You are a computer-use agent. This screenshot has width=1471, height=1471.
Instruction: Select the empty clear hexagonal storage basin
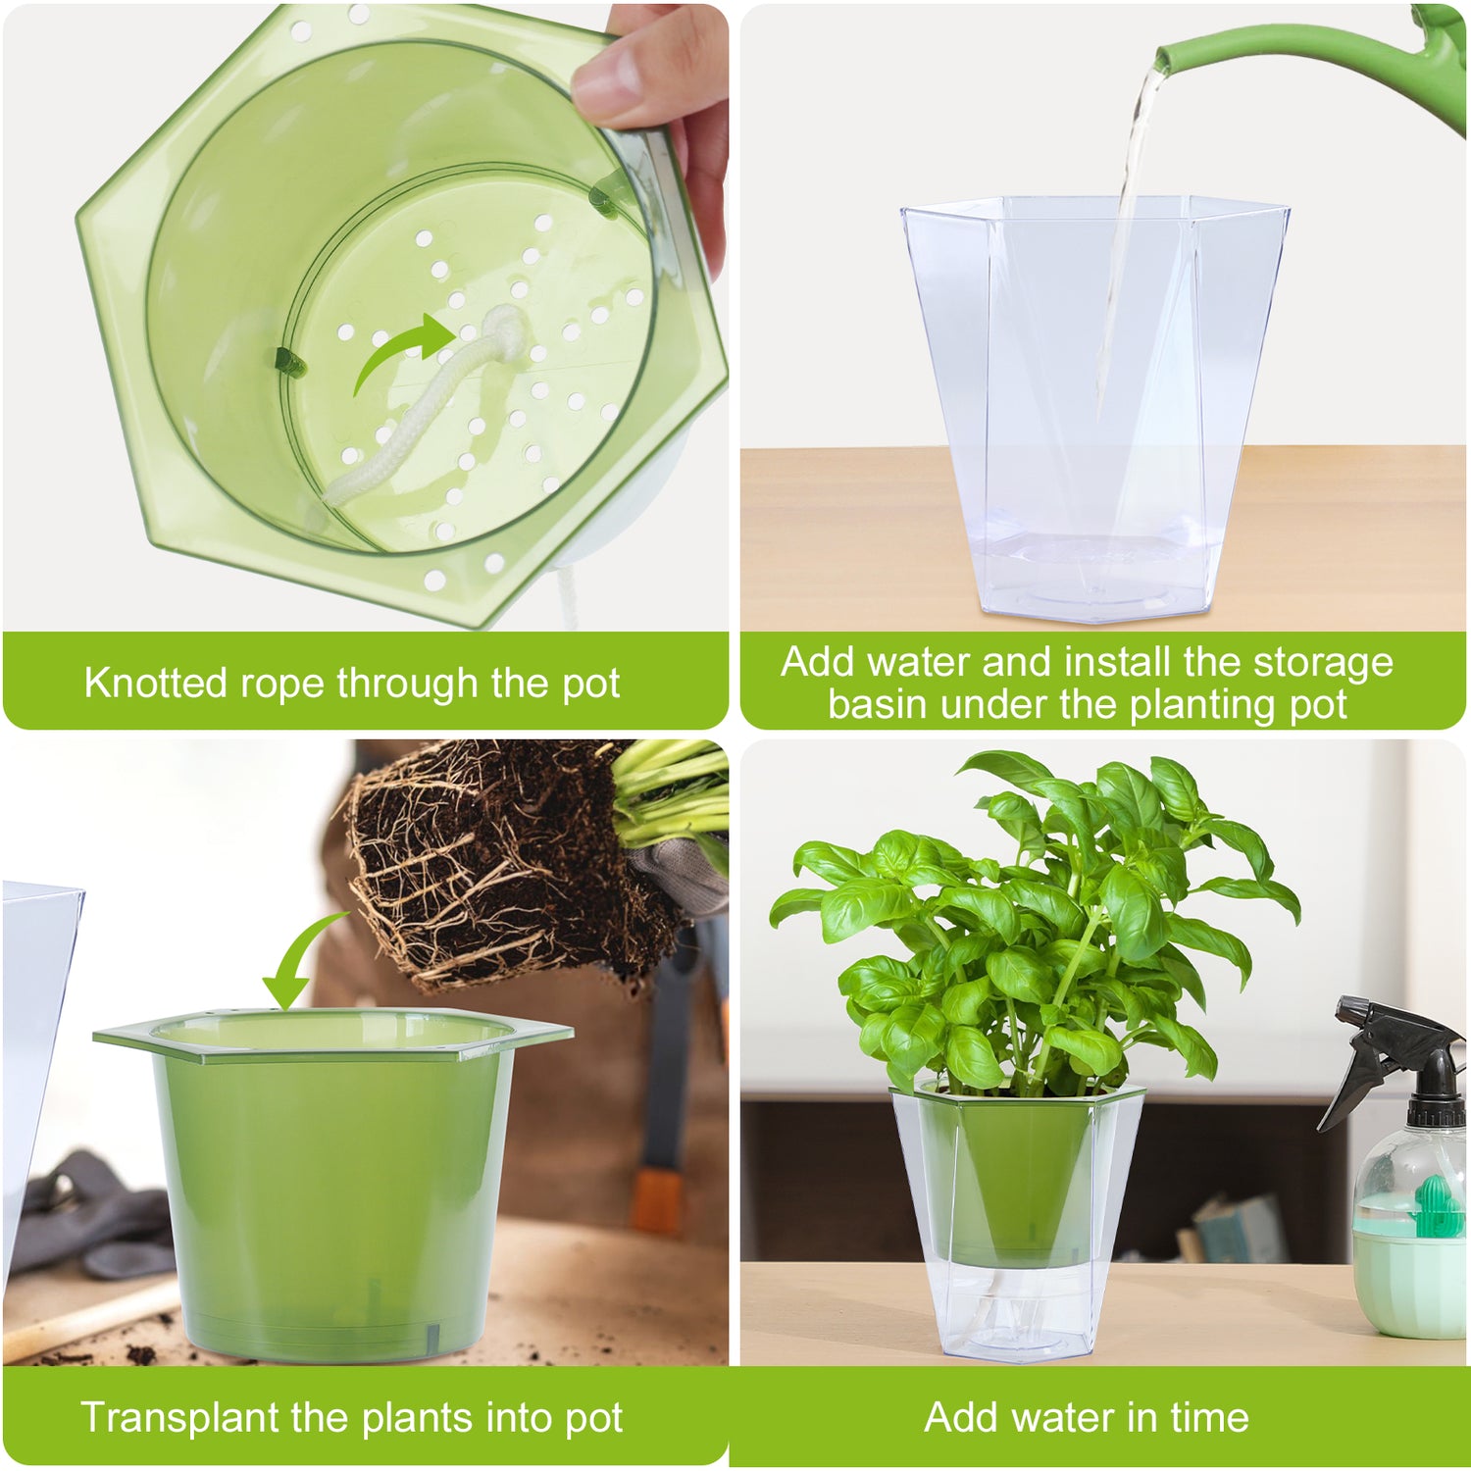1093,412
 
